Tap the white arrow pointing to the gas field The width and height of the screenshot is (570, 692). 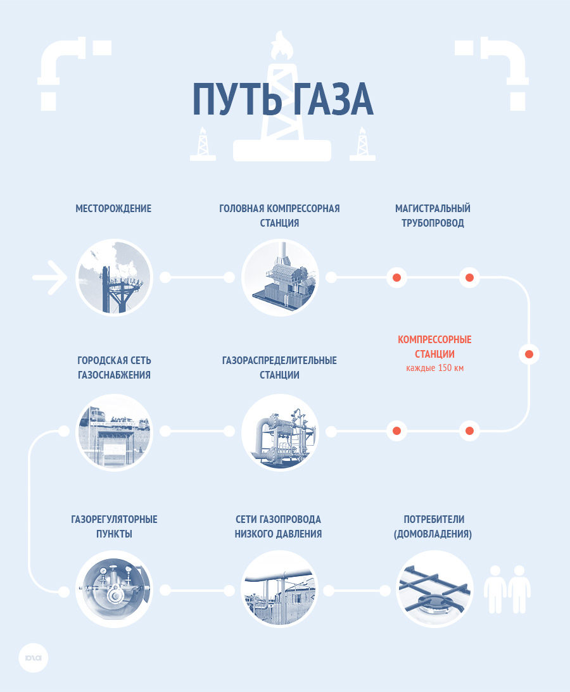tap(49, 277)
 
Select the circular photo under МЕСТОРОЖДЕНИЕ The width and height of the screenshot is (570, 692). tap(115, 277)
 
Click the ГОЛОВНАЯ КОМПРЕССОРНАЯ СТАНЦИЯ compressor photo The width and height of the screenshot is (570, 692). tap(280, 277)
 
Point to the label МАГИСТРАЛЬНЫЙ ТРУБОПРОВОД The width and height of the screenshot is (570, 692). tap(433, 216)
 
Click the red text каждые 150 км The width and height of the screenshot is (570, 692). tap(435, 368)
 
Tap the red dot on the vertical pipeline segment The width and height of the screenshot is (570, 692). tap(529, 354)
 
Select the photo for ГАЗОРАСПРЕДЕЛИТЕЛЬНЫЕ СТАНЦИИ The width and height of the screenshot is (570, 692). tap(280, 432)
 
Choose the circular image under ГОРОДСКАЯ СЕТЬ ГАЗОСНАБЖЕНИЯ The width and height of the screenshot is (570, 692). tap(115, 432)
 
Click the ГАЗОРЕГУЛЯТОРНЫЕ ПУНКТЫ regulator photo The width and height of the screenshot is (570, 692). tap(115, 589)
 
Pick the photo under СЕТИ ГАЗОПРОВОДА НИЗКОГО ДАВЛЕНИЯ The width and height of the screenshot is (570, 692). tap(280, 589)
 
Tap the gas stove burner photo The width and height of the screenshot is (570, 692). tap(434, 589)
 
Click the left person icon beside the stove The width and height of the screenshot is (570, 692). tap(495, 589)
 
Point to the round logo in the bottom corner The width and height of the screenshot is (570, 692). tap(34, 658)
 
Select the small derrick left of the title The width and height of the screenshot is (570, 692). tap(203, 144)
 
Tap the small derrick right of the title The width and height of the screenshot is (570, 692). tap(363, 144)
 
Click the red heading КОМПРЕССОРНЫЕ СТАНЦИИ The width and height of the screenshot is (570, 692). tap(434, 347)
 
